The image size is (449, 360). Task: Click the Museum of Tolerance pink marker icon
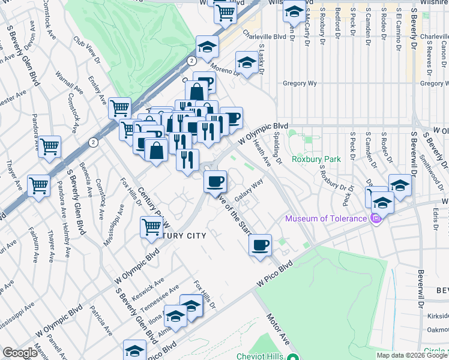376,218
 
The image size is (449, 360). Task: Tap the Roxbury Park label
316,159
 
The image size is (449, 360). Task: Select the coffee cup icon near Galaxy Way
215,180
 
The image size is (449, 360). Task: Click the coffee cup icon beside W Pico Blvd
260,245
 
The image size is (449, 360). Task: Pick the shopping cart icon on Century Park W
151,226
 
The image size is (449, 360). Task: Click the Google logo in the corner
19,353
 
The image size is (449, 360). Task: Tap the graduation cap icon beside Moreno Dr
246,62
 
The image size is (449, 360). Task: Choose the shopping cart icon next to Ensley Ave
119,108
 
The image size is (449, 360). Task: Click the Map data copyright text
412,355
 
